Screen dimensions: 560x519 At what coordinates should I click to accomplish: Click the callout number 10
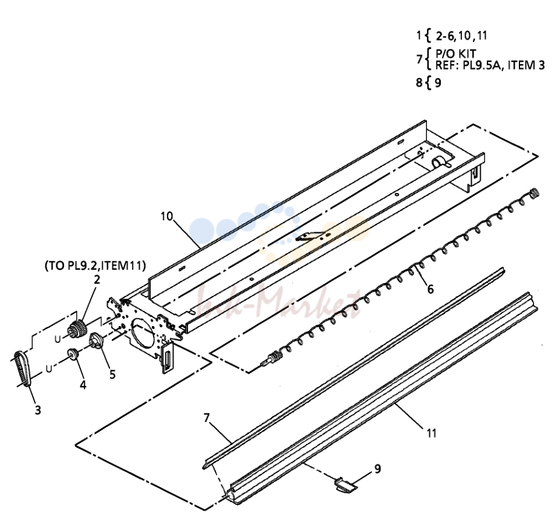(x=166, y=217)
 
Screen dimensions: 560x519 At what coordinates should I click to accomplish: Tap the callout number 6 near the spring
(x=431, y=289)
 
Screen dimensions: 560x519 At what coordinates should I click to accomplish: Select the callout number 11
(x=432, y=433)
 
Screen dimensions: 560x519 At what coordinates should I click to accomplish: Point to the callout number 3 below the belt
(x=38, y=410)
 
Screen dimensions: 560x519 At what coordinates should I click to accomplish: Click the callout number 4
(x=83, y=385)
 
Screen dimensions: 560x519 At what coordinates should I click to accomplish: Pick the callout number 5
(x=112, y=374)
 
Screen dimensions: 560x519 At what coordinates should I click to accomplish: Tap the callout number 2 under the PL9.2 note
(x=97, y=279)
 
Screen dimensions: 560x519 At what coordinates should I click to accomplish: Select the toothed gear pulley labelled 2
(x=77, y=328)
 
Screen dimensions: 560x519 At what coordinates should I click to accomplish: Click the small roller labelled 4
(x=73, y=354)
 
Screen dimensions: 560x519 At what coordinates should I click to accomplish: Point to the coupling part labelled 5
(x=96, y=340)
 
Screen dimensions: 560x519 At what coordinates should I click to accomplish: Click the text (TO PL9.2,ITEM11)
(x=95, y=266)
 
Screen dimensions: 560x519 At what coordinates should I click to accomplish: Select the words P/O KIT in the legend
(x=456, y=54)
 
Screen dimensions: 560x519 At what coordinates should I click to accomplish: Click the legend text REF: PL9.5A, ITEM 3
(x=490, y=65)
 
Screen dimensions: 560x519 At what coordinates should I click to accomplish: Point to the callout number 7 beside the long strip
(x=207, y=417)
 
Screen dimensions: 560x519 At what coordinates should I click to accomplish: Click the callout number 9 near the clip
(x=377, y=469)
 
